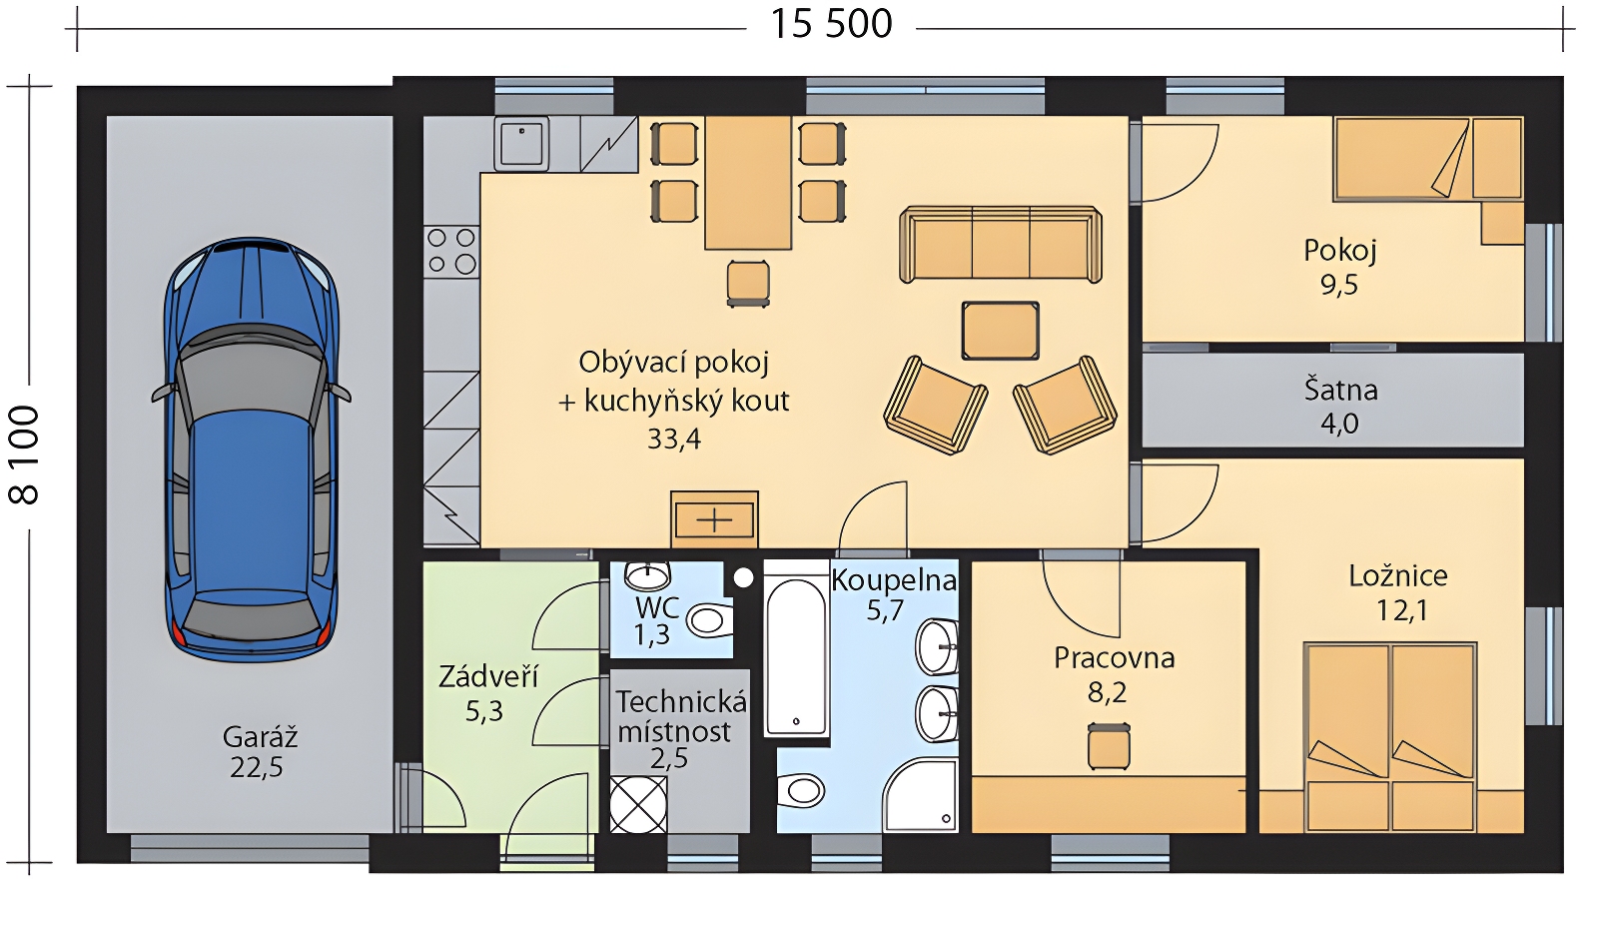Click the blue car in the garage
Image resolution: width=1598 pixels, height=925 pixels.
251,450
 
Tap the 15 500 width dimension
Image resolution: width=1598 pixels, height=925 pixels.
831,24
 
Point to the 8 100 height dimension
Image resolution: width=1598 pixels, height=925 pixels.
24,456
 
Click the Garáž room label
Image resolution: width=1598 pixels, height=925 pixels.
260,736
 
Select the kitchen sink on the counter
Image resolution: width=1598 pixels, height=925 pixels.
521,144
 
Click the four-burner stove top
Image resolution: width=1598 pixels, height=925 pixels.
451,252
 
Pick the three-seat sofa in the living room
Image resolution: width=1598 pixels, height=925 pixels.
1000,245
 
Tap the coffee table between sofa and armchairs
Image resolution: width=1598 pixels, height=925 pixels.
1000,331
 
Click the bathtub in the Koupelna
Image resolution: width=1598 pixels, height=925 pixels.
795,648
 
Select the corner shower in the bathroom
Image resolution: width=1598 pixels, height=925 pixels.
920,796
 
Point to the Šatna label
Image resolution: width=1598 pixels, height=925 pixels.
1340,391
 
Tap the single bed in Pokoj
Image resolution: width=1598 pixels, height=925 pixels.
1428,159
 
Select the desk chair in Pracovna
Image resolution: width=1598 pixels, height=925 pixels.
1109,746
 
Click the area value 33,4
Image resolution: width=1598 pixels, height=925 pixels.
674,439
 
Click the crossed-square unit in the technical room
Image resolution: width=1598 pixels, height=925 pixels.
638,804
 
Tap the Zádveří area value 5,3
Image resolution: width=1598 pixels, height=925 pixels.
484,711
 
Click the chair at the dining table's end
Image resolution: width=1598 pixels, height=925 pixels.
748,284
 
